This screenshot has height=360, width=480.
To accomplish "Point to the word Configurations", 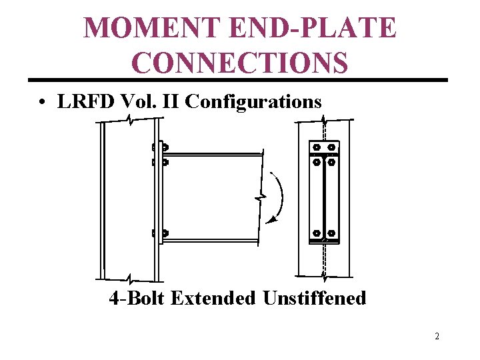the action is pyautogui.click(x=253, y=102).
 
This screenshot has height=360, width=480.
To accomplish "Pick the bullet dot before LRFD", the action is pyautogui.click(x=42, y=103).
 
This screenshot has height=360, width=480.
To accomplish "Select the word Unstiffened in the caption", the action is pyautogui.click(x=314, y=297).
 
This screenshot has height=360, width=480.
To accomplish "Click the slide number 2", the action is pyautogui.click(x=437, y=336).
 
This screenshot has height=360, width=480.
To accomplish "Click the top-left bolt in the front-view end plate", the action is pyautogui.click(x=316, y=147).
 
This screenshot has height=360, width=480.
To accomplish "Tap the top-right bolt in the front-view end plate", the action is pyautogui.click(x=331, y=147).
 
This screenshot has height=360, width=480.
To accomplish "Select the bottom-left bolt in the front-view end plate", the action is pyautogui.click(x=316, y=233).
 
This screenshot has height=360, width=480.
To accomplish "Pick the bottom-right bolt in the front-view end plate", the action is pyautogui.click(x=331, y=233).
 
